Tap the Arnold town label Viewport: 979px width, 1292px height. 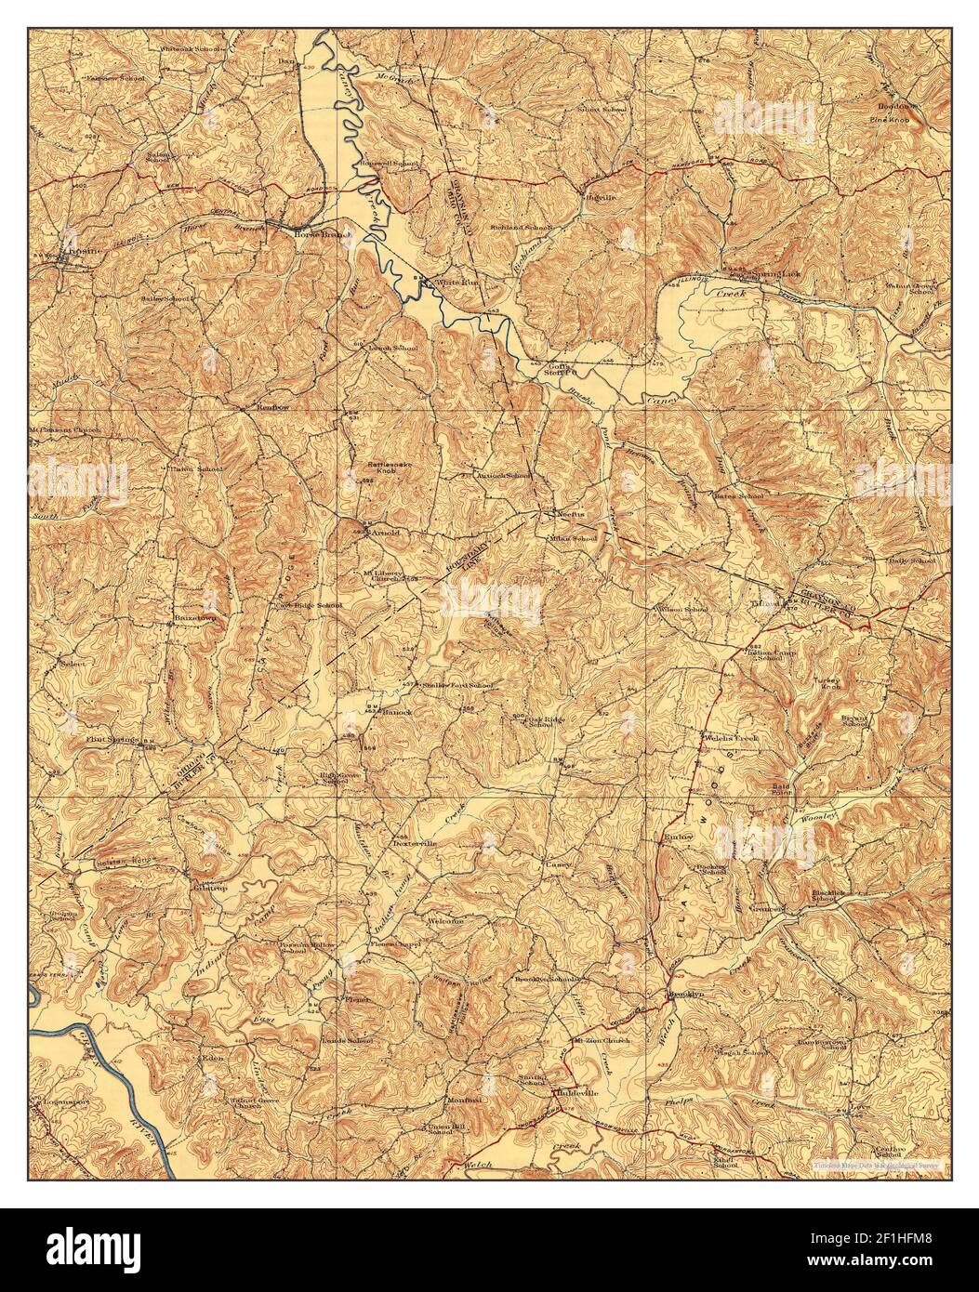coord(384,534)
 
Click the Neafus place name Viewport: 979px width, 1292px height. coord(568,513)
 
